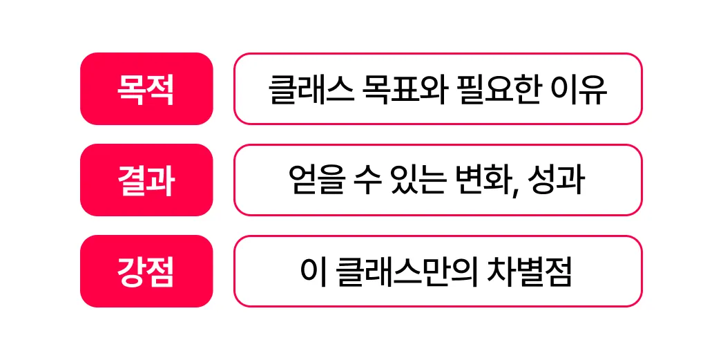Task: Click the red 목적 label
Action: coord(146,89)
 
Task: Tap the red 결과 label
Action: coord(146,180)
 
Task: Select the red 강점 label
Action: coord(146,272)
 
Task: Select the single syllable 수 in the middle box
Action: coord(361,181)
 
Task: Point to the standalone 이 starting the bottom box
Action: coord(309,272)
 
